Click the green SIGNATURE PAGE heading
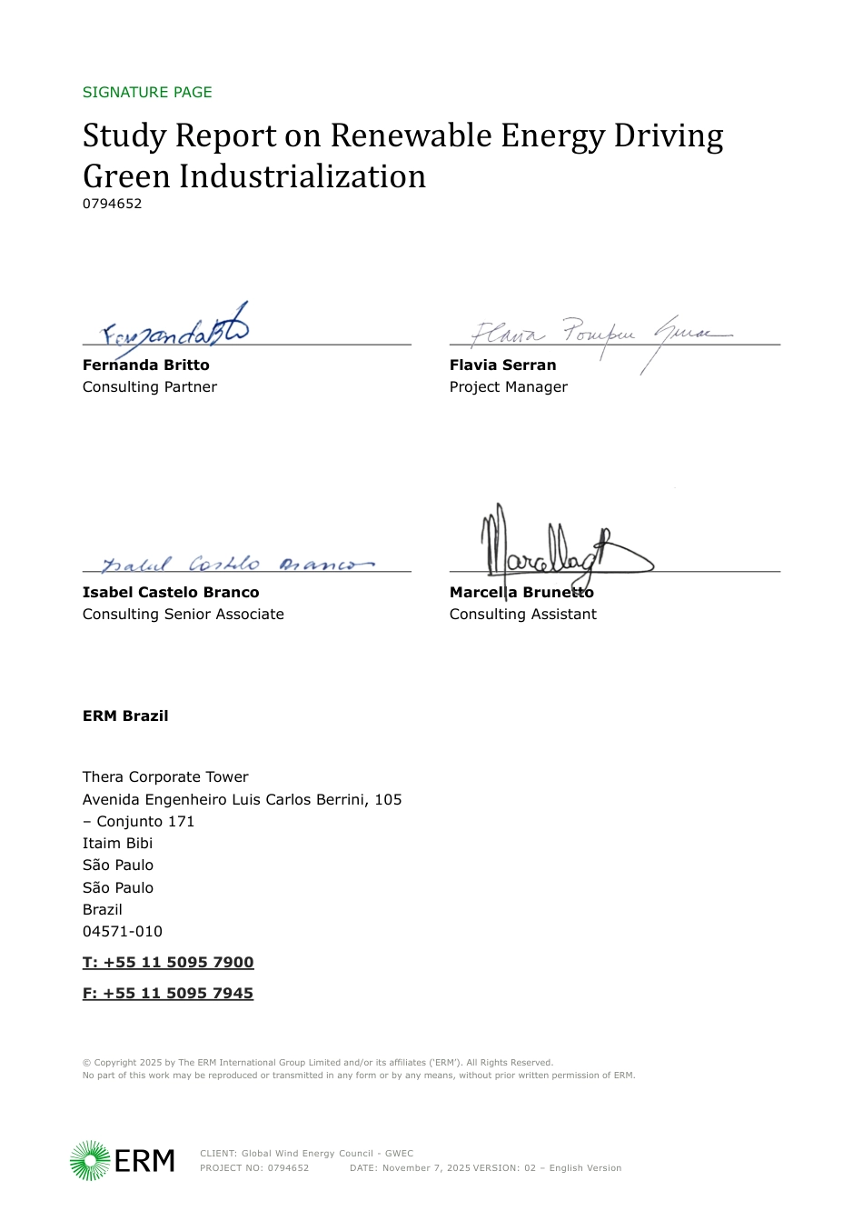point(147,92)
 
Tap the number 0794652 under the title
point(112,204)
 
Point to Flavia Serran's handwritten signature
point(600,335)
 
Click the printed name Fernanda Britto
point(145,365)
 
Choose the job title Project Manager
point(508,386)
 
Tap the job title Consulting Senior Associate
point(183,614)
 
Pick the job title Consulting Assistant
point(522,614)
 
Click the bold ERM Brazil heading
point(125,716)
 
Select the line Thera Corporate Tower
point(165,776)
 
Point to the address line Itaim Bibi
point(117,843)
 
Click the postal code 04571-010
point(123,931)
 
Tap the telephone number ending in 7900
point(168,962)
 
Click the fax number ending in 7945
point(168,993)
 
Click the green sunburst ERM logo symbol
point(90,1161)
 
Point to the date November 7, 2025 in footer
point(425,1168)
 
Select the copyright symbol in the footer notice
point(86,1062)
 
